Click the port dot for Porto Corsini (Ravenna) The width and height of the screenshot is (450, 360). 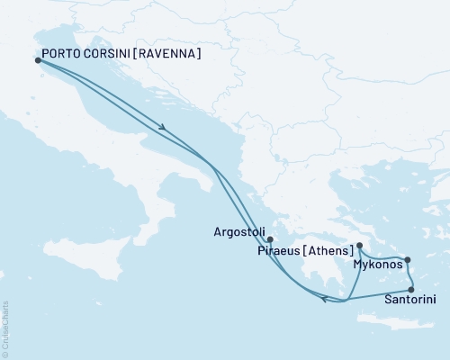(38, 60)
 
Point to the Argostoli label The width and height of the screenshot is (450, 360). (238, 230)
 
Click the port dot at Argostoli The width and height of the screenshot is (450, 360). (270, 239)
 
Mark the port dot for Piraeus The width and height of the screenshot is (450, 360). (359, 245)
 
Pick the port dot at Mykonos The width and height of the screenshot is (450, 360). (407, 260)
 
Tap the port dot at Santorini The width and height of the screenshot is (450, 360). (412, 289)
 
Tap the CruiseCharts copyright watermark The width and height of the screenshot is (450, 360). (5, 329)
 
